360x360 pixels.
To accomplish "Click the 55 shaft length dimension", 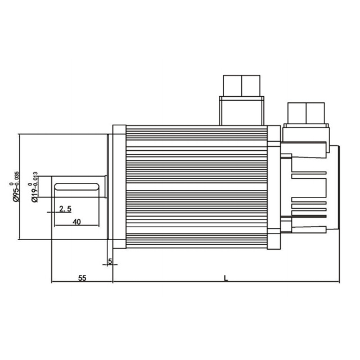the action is [82, 278].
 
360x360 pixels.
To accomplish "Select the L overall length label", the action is [226, 278].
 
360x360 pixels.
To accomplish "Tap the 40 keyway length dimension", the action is [76, 222].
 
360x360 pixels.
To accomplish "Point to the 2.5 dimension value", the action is [65, 209].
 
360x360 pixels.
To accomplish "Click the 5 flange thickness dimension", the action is [110, 261].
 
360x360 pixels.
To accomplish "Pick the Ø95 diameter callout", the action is [16, 192].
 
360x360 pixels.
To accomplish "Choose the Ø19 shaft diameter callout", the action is [34, 193].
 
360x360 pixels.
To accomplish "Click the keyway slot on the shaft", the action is [76, 187].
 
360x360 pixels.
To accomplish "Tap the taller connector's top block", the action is [241, 85].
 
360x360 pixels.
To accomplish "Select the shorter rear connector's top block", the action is [306, 113].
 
